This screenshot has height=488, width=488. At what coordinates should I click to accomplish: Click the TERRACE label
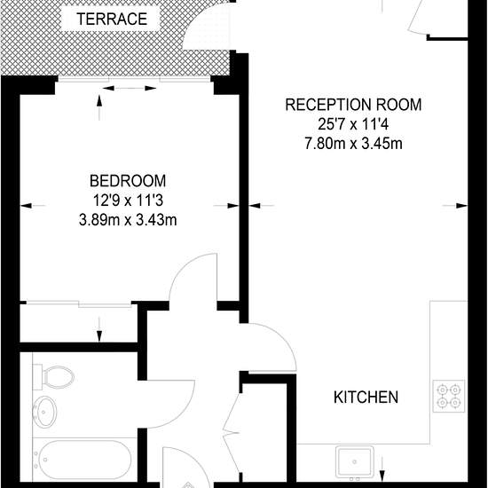112,19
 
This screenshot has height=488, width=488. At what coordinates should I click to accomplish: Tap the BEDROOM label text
128,181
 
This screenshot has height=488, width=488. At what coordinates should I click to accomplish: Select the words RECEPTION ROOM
353,105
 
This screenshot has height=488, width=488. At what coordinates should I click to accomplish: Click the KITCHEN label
366,397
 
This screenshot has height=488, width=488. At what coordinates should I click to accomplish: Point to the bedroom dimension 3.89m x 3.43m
128,220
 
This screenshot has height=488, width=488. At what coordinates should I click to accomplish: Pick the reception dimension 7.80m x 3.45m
353,144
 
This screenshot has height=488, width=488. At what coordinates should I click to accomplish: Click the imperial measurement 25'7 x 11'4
353,124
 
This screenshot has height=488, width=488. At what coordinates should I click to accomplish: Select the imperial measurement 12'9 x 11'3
128,201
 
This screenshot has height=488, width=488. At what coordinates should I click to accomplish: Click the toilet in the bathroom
53,377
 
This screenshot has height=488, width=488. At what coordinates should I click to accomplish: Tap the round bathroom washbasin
45,412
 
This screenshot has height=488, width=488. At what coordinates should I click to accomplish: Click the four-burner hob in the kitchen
448,396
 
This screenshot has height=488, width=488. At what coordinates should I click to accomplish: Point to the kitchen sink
355,462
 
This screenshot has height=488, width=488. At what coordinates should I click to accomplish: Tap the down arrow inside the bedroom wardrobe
99,329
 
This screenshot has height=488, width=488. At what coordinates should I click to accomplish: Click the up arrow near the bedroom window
99,107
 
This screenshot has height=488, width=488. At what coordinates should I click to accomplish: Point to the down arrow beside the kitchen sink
382,469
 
